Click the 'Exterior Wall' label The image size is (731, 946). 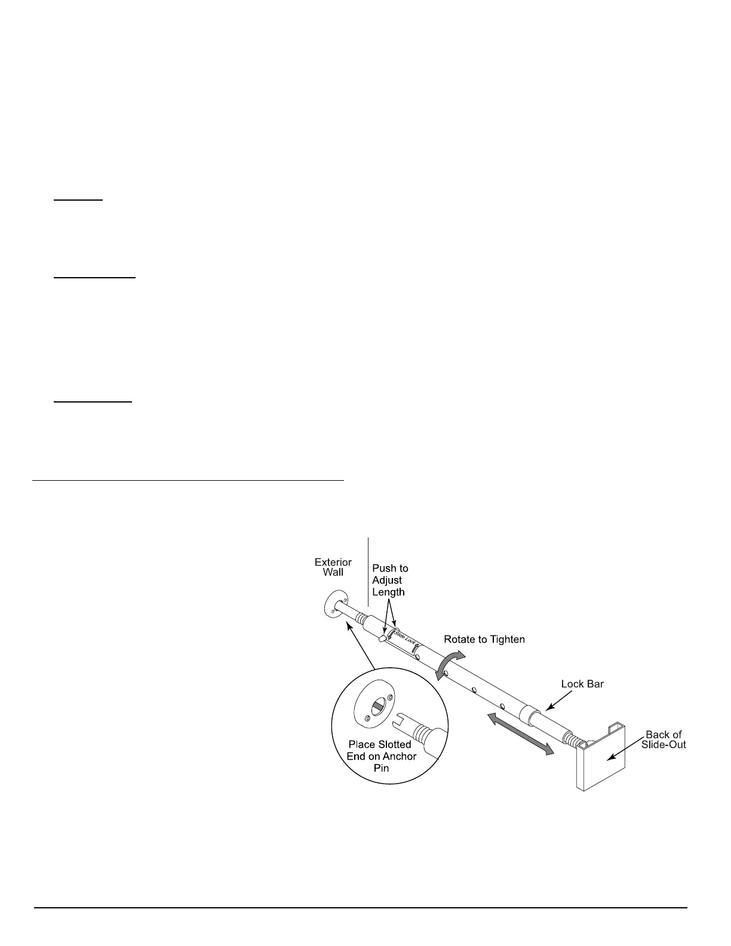[333, 567]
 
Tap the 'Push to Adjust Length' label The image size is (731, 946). [389, 580]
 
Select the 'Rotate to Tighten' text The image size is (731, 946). [484, 640]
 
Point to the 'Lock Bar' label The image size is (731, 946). [582, 684]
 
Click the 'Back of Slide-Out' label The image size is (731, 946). [664, 739]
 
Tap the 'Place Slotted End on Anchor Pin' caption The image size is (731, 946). [381, 756]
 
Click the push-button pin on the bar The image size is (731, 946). [382, 640]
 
